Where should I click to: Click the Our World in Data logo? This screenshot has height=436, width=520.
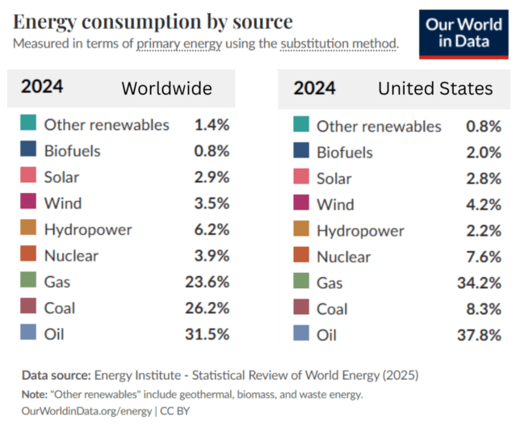(x=463, y=34)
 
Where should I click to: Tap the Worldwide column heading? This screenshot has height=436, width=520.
(x=167, y=89)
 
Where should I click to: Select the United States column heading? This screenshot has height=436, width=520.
(x=435, y=89)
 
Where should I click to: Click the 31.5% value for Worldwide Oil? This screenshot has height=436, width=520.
(x=208, y=334)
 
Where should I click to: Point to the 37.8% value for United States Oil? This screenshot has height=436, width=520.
(x=479, y=335)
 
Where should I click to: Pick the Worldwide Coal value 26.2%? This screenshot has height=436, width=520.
(x=208, y=308)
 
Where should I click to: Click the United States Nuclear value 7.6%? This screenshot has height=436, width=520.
(x=484, y=257)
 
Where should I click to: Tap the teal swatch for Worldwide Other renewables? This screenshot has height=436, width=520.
(x=28, y=123)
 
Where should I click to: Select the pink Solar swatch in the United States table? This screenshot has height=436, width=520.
(x=301, y=176)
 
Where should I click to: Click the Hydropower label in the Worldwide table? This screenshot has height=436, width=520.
(x=88, y=230)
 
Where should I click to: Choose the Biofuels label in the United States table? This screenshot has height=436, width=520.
(x=345, y=153)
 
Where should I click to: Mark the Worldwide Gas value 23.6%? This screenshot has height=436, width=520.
(x=208, y=282)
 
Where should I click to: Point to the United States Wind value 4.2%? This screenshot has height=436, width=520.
(x=484, y=204)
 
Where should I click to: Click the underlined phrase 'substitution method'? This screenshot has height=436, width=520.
(x=338, y=44)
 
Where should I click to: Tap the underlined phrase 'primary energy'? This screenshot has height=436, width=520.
(x=179, y=44)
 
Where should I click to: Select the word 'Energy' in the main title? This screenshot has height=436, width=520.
(x=44, y=23)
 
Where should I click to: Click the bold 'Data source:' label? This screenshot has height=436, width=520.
(x=56, y=375)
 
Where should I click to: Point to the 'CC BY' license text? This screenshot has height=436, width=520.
(x=174, y=411)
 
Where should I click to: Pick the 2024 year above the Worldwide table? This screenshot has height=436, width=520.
(x=42, y=87)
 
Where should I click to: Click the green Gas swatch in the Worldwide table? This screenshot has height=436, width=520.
(x=28, y=279)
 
